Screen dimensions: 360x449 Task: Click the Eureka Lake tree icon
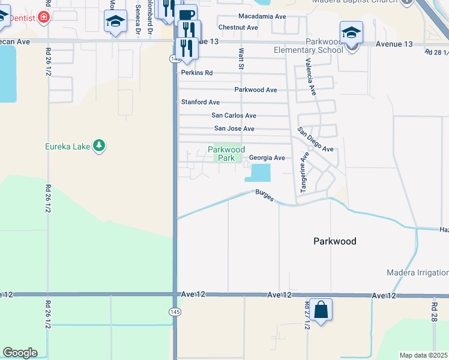[x=100, y=146]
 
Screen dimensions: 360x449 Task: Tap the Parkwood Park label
[x=226, y=154]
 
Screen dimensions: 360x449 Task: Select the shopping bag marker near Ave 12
[x=321, y=310]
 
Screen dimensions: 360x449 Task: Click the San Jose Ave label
[x=234, y=129]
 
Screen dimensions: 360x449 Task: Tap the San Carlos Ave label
[x=234, y=115]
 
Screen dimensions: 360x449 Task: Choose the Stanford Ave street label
[x=200, y=103]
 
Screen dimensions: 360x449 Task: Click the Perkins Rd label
[x=197, y=73]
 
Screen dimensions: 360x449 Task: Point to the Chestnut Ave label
[x=238, y=28]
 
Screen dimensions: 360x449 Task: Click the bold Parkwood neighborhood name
[x=335, y=241]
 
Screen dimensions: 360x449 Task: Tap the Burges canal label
[x=265, y=196]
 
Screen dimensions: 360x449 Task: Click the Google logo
[x=20, y=353]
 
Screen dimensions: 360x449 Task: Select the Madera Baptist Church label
[x=354, y=2]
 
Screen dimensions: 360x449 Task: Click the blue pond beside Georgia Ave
[x=258, y=173]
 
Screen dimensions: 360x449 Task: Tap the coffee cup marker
[x=187, y=14]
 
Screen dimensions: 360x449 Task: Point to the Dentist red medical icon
[x=44, y=18]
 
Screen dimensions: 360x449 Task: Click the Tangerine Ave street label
[x=304, y=172]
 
